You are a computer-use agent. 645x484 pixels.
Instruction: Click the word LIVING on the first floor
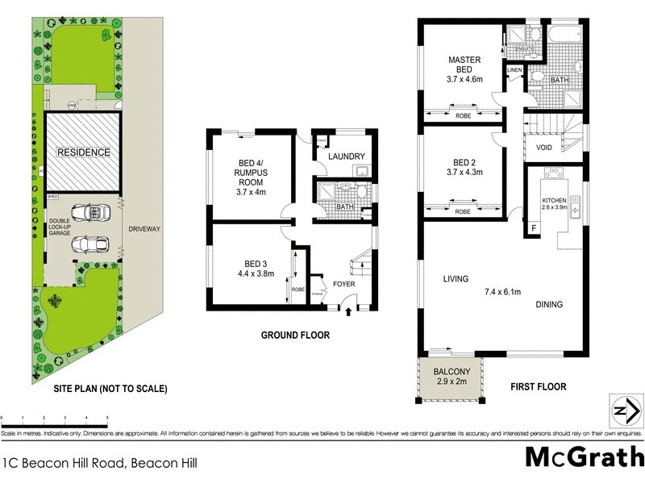click(x=456, y=280)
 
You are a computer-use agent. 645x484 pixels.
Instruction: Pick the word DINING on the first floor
click(x=549, y=304)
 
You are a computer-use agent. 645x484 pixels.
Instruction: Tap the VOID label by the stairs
click(x=543, y=148)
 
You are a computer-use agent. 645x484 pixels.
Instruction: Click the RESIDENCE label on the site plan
click(x=83, y=152)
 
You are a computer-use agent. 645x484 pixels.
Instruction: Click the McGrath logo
click(x=584, y=457)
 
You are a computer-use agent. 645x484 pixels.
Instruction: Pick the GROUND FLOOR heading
click(x=294, y=336)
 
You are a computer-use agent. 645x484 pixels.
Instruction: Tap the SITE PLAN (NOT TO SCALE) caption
click(x=110, y=389)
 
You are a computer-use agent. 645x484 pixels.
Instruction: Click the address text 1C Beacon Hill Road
click(x=100, y=463)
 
